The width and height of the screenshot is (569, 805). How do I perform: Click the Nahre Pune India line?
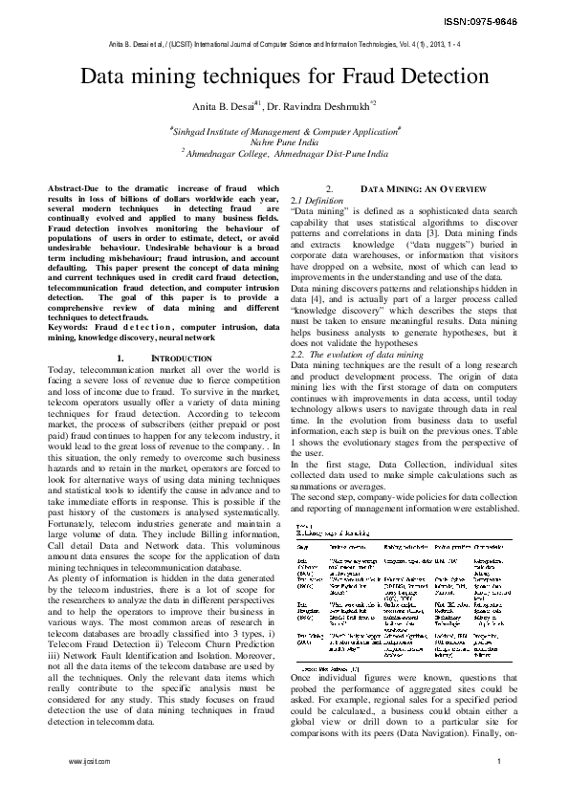pos(284,140)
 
